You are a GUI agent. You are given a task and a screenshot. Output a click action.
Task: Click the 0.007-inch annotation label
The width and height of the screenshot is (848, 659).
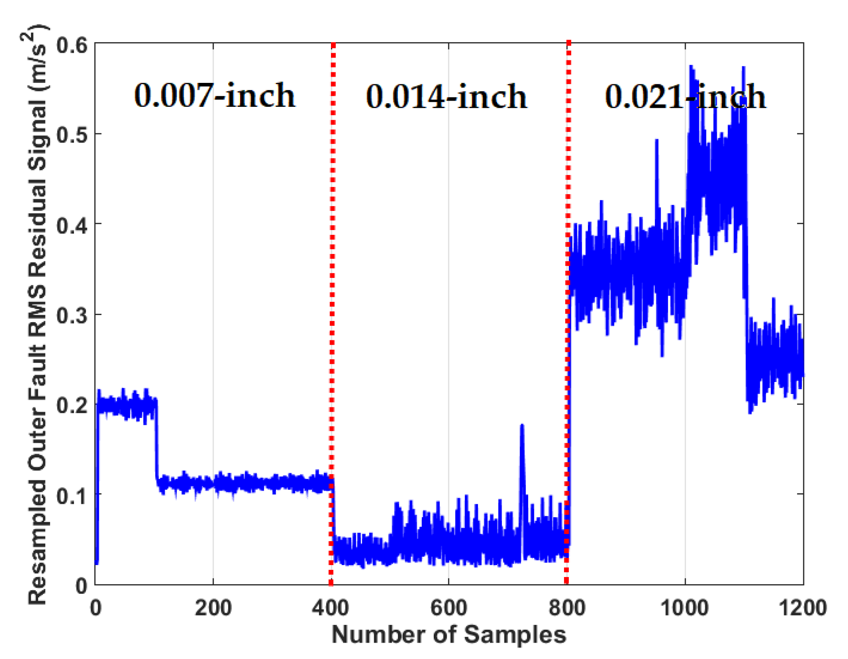pyautogui.click(x=214, y=95)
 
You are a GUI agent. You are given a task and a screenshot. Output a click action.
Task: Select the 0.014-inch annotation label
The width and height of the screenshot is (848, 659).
pyautogui.click(x=446, y=97)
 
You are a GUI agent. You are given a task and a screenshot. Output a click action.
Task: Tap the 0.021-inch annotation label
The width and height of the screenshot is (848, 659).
pyautogui.click(x=685, y=97)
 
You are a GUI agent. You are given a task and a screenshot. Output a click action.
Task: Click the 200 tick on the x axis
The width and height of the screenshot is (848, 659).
pyautogui.click(x=213, y=607)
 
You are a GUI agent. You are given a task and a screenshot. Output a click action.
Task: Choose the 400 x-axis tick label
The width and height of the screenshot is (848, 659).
pyautogui.click(x=330, y=607)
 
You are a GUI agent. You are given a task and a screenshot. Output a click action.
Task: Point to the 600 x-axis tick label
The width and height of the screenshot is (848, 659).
pyautogui.click(x=448, y=607)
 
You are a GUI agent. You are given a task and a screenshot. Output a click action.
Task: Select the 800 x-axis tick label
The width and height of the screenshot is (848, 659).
pyautogui.click(x=567, y=607)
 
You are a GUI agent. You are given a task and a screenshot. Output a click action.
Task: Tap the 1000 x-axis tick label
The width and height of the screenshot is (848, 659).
pyautogui.click(x=685, y=607)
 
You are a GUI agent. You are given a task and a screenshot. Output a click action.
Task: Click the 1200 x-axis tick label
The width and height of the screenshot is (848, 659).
pyautogui.click(x=802, y=607)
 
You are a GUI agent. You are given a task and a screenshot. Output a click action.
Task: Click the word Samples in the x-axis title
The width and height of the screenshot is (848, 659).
pyautogui.click(x=515, y=635)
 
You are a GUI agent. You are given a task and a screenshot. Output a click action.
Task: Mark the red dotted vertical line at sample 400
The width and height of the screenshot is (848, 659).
pyautogui.click(x=332, y=310)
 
